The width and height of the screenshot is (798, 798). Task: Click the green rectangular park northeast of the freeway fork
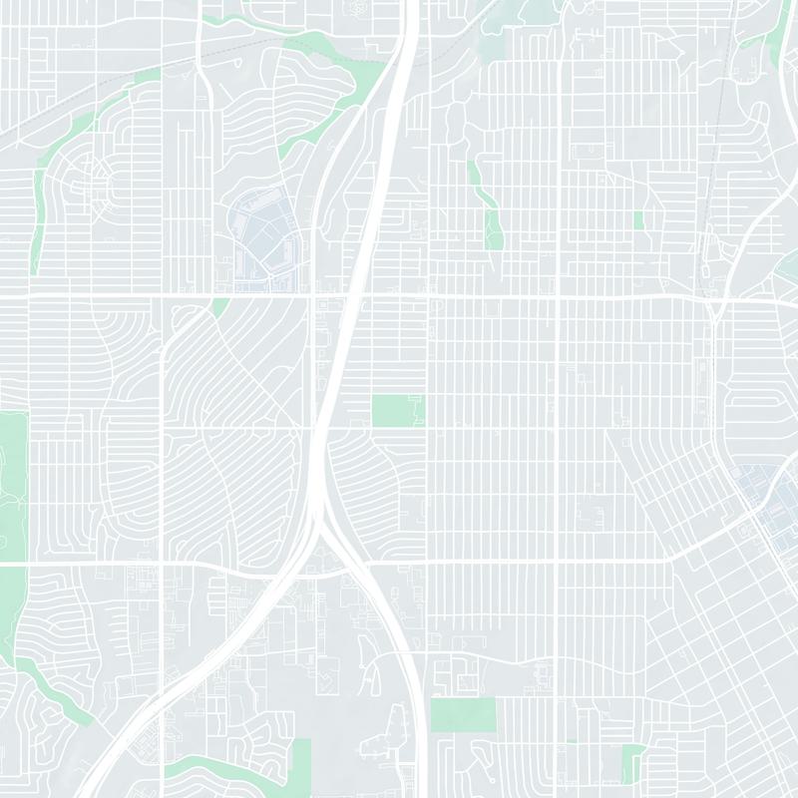[397, 410]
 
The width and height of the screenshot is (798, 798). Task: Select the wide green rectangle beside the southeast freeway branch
[463, 713]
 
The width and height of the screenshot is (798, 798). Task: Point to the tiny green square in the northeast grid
[638, 219]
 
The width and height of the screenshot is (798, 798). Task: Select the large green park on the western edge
[12, 479]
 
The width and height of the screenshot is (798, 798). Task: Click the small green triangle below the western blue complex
[220, 307]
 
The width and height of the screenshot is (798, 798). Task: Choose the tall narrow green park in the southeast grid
[631, 763]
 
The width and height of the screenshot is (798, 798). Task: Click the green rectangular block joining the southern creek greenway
[300, 763]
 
